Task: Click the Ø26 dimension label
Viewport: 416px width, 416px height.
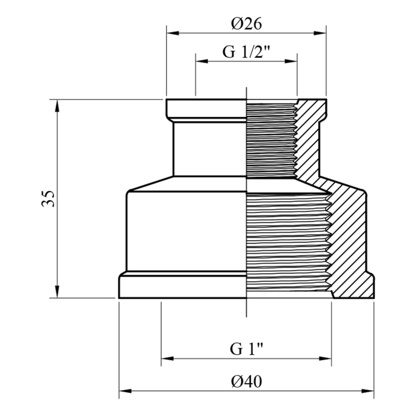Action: click(x=246, y=24)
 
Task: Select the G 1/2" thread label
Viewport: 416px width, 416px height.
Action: click(x=246, y=51)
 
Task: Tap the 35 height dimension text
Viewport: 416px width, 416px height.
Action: click(x=48, y=199)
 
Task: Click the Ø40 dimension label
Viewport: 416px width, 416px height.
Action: click(x=246, y=382)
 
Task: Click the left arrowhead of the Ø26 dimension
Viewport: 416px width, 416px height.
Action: click(x=173, y=33)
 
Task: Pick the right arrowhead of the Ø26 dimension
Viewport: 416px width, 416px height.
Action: click(x=320, y=33)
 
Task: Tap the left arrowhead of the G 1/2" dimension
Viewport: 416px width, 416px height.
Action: click(x=202, y=61)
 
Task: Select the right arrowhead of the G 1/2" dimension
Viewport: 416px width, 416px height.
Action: click(x=291, y=61)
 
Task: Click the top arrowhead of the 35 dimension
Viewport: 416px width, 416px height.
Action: click(x=57, y=105)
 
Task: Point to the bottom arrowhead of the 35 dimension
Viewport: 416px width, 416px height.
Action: click(x=57, y=292)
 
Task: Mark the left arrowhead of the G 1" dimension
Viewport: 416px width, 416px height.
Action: click(x=167, y=359)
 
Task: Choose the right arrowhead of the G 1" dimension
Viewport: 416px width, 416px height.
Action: click(x=326, y=359)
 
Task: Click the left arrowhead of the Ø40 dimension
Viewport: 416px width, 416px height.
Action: click(x=125, y=391)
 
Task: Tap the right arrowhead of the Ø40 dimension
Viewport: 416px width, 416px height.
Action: click(x=368, y=391)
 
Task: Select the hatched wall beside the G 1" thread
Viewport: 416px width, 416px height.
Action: click(x=350, y=239)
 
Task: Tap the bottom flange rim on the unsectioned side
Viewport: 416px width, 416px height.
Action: click(x=183, y=288)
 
